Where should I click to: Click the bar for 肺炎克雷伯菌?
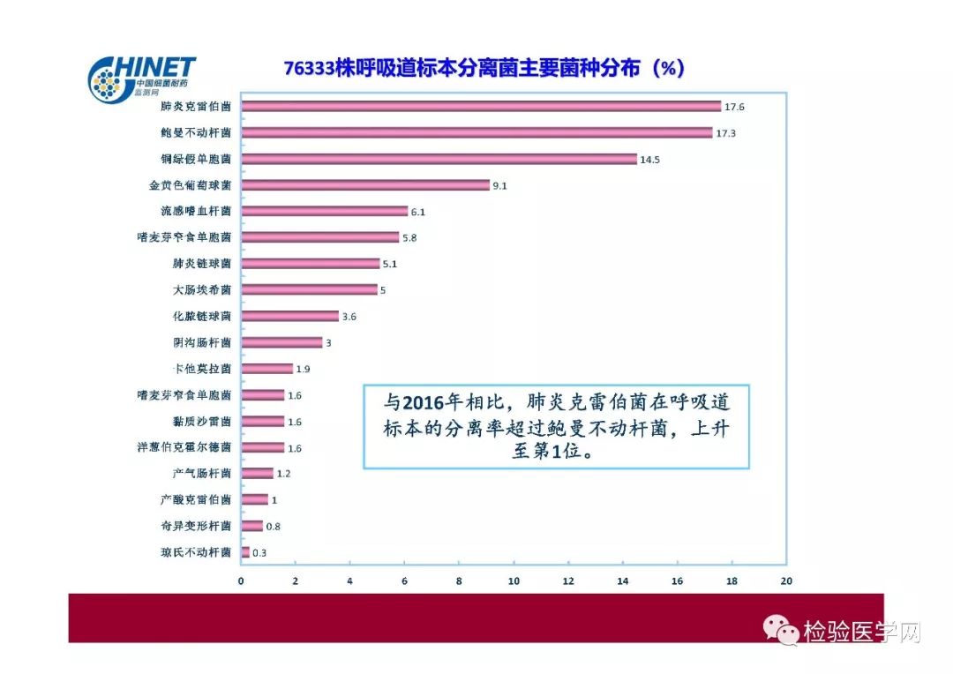[481, 107]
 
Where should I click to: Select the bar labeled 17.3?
[476, 133]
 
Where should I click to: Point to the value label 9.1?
[501, 185]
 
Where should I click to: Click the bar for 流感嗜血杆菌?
[325, 212]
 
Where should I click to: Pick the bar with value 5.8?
[320, 237]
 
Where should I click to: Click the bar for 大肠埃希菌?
[310, 289]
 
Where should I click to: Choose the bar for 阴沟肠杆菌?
[282, 342]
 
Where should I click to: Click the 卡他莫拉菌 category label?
[202, 369]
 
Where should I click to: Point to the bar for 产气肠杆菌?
[258, 474]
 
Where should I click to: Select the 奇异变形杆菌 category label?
[196, 526]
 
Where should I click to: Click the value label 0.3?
[259, 553]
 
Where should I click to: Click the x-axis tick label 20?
[786, 580]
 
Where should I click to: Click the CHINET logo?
[141, 78]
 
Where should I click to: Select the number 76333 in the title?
[309, 69]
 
